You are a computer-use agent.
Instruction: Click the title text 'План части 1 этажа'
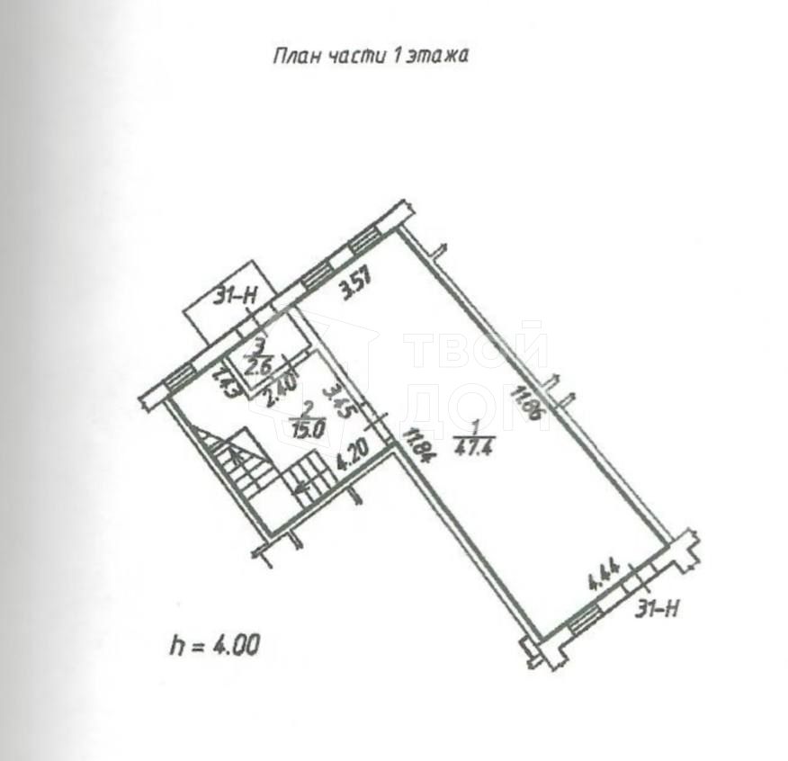371,56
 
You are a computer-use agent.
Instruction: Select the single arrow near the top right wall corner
440,251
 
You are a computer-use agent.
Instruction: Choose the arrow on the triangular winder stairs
236,456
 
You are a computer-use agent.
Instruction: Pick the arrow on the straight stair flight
301,485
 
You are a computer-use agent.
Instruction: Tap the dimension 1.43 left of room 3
220,382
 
